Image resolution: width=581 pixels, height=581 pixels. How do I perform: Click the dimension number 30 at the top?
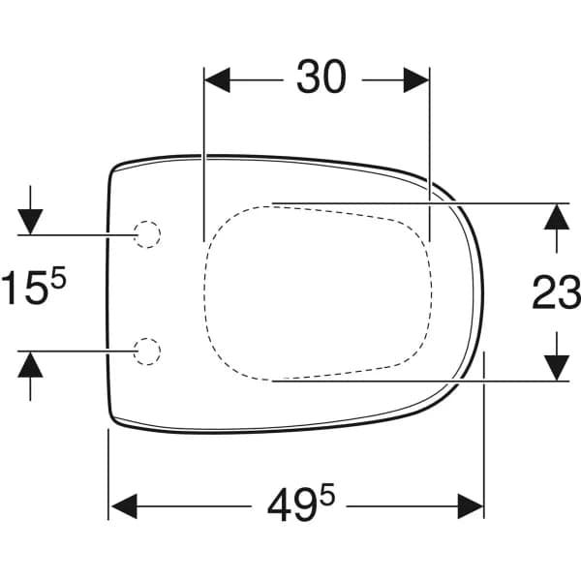click(x=321, y=76)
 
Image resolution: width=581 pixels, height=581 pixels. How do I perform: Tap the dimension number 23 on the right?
click(x=556, y=292)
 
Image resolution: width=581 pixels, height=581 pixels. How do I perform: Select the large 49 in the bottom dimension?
click(x=291, y=505)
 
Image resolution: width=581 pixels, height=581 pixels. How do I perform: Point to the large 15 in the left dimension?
click(x=24, y=288)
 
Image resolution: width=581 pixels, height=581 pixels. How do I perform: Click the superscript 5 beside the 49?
click(x=327, y=494)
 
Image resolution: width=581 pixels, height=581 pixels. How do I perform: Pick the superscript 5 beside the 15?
click(x=58, y=277)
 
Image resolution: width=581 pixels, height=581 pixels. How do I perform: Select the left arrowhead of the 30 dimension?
click(x=218, y=79)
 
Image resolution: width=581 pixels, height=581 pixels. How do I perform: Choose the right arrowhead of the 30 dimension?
click(x=416, y=79)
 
